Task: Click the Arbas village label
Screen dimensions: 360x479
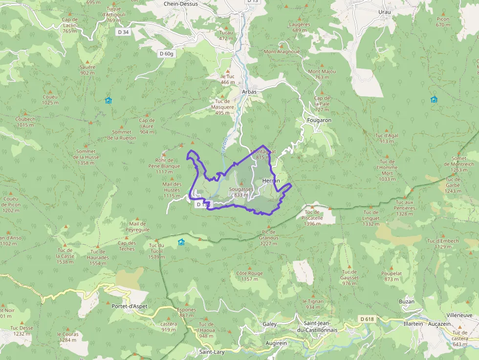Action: [249, 92]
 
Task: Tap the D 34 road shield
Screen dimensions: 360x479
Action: [124, 32]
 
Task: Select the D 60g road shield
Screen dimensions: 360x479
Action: [166, 54]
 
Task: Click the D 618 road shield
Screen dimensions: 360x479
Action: [368, 319]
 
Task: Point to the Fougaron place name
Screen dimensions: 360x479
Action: [319, 120]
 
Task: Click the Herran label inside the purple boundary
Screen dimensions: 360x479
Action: [271, 181]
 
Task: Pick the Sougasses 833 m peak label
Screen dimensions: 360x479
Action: [241, 191]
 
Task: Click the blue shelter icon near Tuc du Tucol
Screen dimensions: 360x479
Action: [181, 242]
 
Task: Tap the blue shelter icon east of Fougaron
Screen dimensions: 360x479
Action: [434, 100]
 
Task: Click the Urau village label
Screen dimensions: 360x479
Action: [385, 12]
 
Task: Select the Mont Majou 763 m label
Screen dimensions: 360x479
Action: [322, 74]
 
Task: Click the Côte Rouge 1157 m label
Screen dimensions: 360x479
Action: [249, 276]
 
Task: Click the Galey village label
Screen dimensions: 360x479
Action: [269, 324]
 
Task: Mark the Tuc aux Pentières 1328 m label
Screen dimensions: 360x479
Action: [405, 205]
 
